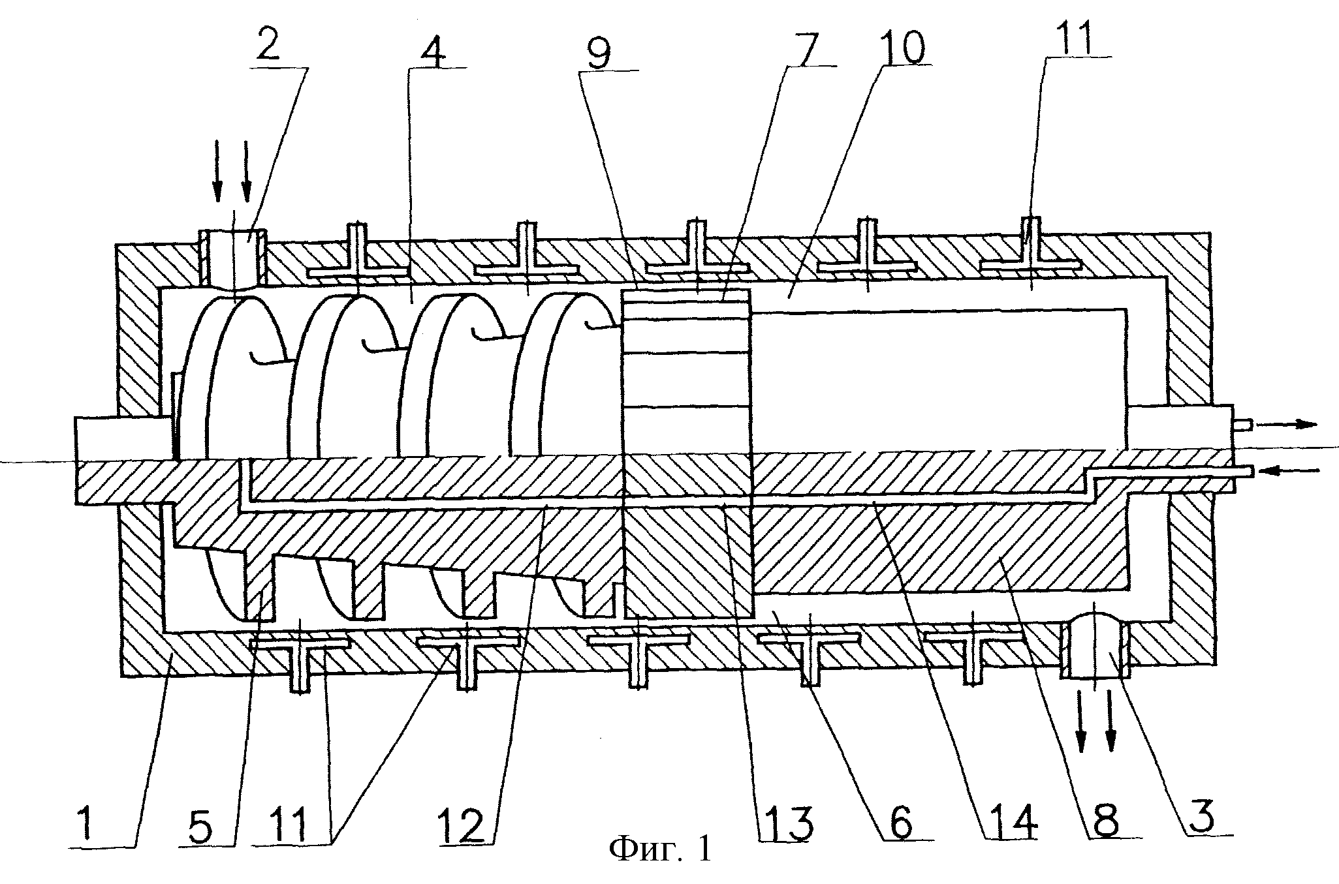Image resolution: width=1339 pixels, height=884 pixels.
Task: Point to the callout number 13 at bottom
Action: click(x=790, y=823)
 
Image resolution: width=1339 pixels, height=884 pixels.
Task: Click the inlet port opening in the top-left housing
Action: click(x=234, y=258)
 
